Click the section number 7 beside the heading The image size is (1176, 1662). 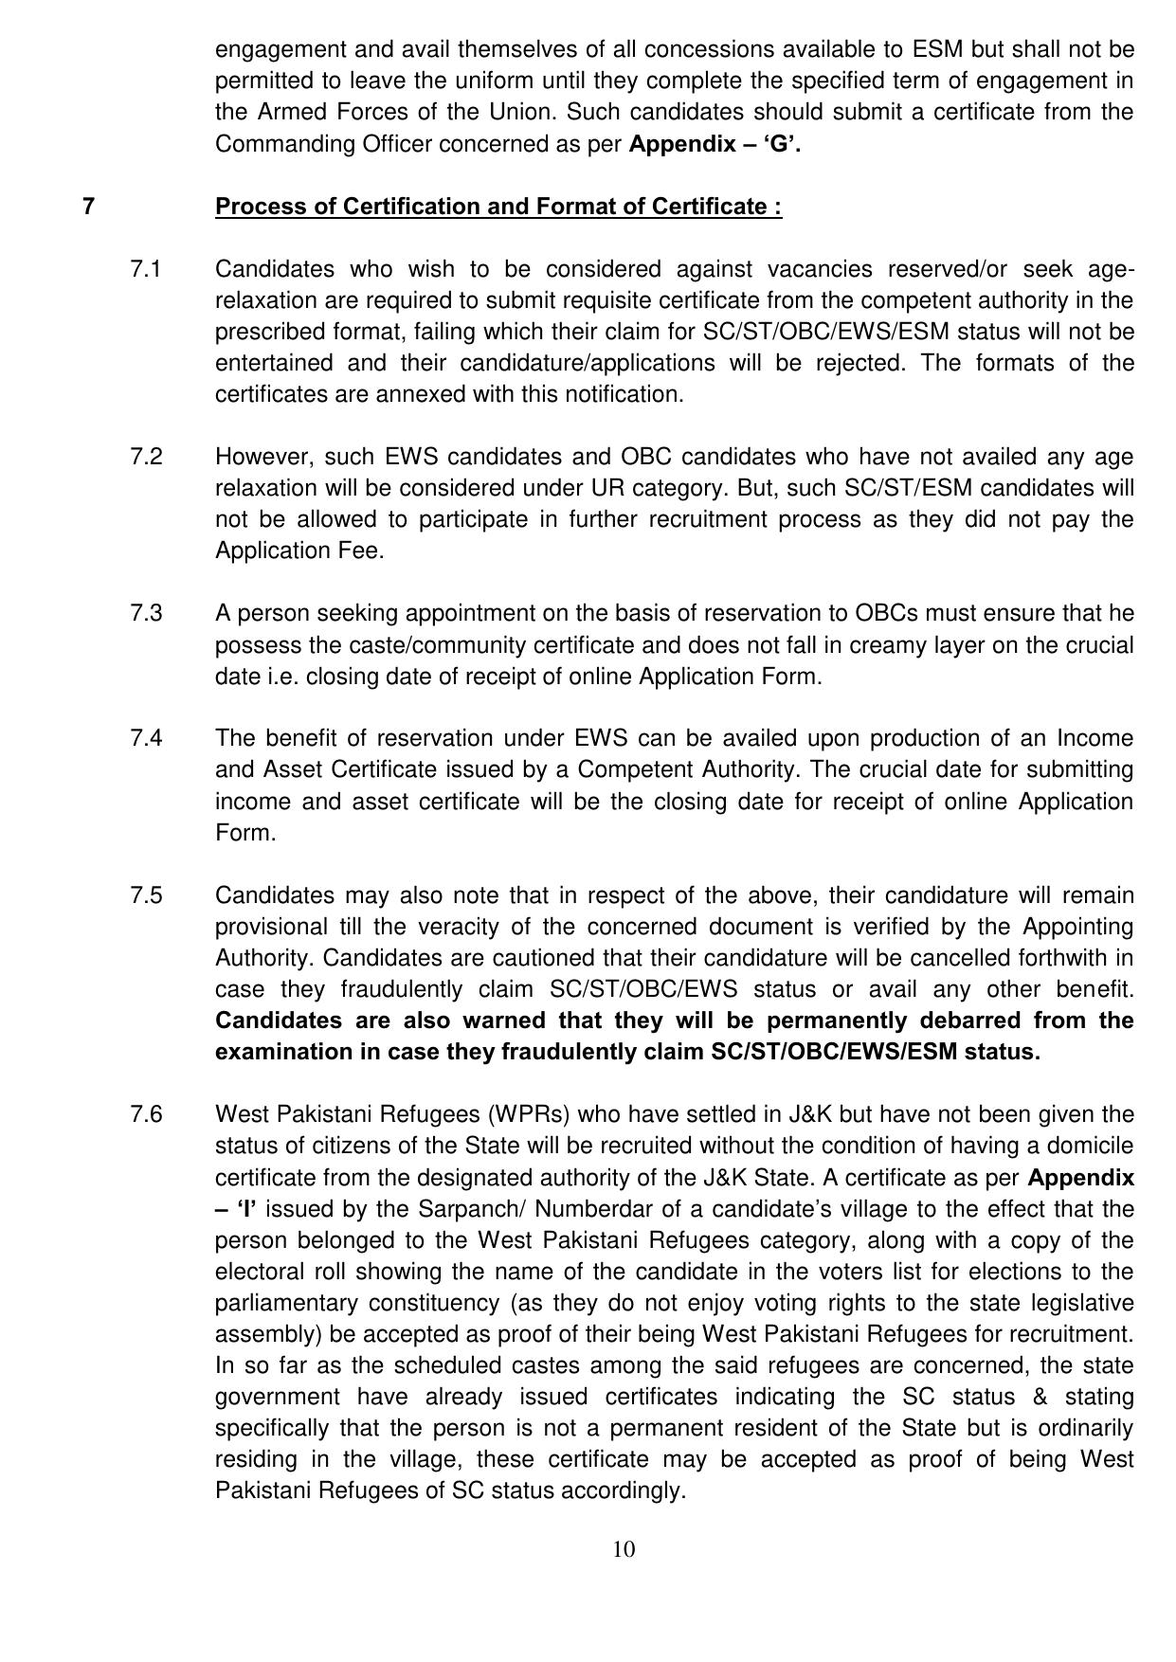click(88, 207)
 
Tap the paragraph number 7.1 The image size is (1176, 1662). click(147, 269)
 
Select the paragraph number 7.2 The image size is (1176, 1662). click(147, 457)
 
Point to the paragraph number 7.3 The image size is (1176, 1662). click(147, 613)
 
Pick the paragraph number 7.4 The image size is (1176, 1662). click(147, 738)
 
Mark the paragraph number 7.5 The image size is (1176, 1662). click(147, 895)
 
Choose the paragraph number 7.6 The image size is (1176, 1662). click(147, 1114)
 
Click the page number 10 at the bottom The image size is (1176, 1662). click(624, 1549)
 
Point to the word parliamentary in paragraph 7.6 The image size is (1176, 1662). click(285, 1303)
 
